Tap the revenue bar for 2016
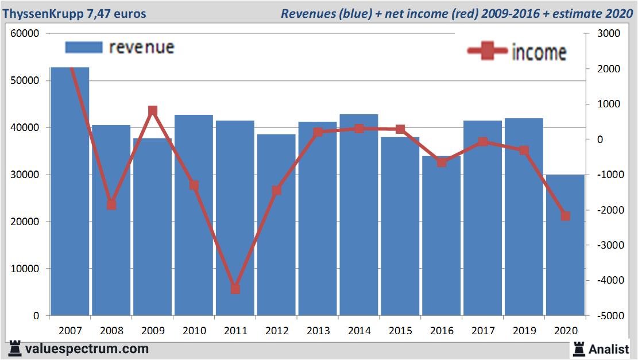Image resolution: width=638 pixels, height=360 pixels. [x=441, y=236]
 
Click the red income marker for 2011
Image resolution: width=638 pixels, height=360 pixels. [x=235, y=289]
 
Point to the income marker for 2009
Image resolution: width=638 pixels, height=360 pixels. [x=153, y=111]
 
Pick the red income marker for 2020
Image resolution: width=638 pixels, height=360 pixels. [x=565, y=216]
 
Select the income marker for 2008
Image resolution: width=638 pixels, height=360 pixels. [x=111, y=205]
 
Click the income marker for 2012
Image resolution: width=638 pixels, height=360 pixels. [x=276, y=190]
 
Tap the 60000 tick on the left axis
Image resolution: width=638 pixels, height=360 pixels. [x=25, y=33]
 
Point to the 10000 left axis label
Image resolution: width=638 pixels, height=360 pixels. [x=25, y=269]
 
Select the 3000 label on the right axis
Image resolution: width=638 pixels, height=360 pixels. [x=609, y=33]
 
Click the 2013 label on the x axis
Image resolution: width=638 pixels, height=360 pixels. [x=318, y=331]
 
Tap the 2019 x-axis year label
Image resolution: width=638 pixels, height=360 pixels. [x=524, y=331]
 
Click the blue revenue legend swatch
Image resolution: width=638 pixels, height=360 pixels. [x=83, y=47]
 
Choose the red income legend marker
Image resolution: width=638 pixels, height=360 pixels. [x=488, y=52]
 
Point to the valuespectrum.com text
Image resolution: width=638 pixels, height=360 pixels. [x=87, y=349]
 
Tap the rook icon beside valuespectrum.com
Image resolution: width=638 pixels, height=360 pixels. [x=14, y=348]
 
